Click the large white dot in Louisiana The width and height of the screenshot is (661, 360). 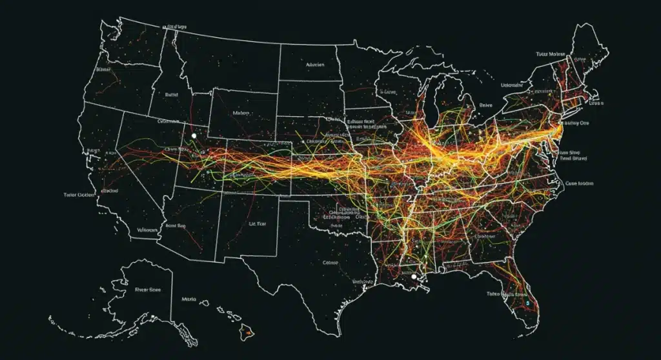point(414,276)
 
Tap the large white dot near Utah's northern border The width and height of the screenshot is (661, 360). point(194,136)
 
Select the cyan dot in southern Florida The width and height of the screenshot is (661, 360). point(527,301)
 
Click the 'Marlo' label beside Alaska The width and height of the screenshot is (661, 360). point(189,299)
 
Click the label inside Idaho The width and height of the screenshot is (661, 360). point(171,94)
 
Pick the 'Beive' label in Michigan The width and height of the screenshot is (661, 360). point(485,105)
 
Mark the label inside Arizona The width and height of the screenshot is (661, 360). point(176,226)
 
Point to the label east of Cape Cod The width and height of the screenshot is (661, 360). point(594,103)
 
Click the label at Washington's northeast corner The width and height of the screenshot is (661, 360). point(176,28)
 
